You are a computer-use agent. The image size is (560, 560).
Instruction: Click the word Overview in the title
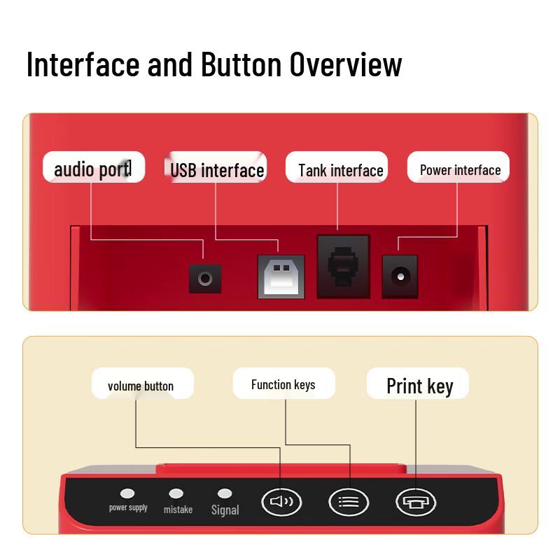pos(346,64)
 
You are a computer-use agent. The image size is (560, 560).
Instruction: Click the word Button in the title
pos(241,64)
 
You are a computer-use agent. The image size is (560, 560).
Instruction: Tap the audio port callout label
pos(94,167)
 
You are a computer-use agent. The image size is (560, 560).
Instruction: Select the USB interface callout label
pos(216,167)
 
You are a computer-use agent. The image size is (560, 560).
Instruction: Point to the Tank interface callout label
pos(337,167)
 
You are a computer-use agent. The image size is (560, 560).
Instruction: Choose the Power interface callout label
pos(458,167)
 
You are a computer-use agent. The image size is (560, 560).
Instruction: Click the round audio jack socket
pos(205,279)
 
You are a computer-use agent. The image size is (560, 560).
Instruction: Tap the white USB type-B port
pos(281,276)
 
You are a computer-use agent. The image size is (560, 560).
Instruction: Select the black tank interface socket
pos(343,267)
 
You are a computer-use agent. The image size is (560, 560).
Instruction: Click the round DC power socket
pos(400,276)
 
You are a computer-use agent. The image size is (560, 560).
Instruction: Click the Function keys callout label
pos(284,384)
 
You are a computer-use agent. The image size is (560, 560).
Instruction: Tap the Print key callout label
pos(418,384)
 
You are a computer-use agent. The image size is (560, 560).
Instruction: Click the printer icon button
pos(416,502)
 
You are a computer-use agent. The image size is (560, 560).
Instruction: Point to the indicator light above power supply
pos(127,493)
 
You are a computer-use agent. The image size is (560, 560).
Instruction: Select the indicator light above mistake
pos(176,493)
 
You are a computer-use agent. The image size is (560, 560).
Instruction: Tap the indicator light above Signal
pos(225,493)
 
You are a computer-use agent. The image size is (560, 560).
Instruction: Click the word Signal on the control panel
pos(225,510)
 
